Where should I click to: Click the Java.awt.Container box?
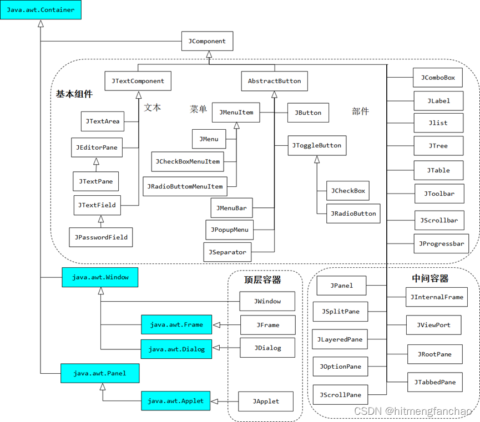[x=41, y=10]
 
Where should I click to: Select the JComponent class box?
[x=207, y=41]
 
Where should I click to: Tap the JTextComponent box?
[x=138, y=81]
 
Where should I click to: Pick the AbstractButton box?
[x=274, y=81]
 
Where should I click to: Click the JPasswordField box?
[x=101, y=237]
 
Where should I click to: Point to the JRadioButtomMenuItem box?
[x=185, y=186]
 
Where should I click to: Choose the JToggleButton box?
[x=317, y=146]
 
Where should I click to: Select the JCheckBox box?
[x=348, y=191]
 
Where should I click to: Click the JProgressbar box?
[x=441, y=243]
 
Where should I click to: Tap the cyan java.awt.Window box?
[x=100, y=277]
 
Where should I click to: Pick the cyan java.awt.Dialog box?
[x=176, y=349]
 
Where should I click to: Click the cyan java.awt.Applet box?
[x=175, y=401]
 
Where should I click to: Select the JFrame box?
[x=267, y=325]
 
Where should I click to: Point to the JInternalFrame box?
[x=437, y=297]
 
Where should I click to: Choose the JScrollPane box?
[x=340, y=395]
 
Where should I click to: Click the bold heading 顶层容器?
[x=262, y=279]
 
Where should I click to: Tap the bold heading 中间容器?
[x=430, y=278]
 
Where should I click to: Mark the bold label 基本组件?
[x=74, y=94]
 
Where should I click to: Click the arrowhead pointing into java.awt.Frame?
[x=217, y=325]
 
